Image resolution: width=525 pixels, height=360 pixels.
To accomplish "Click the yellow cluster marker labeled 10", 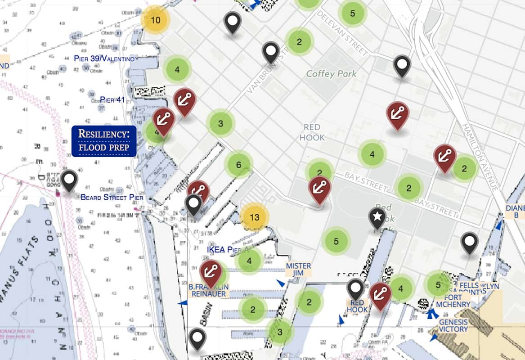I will tap(155, 20).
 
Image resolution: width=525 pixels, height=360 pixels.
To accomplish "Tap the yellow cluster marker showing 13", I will tap(254, 217).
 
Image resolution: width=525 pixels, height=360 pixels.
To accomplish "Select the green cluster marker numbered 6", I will tap(238, 165).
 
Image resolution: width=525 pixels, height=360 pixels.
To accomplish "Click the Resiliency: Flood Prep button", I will tap(104, 140).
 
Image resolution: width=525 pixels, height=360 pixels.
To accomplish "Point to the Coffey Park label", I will tap(331, 74).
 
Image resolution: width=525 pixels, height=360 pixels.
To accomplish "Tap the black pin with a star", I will tap(377, 217).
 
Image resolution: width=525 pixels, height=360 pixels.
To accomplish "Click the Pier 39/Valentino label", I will tap(104, 59).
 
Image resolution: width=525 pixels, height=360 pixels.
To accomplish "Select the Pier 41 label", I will tap(112, 99).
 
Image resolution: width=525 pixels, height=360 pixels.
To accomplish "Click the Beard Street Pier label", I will tap(112, 197).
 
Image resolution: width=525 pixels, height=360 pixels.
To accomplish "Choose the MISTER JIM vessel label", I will tap(298, 270).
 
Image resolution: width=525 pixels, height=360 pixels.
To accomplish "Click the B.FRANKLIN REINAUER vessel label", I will tap(208, 290).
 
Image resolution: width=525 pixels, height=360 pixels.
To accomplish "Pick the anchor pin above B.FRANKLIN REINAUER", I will tap(211, 271).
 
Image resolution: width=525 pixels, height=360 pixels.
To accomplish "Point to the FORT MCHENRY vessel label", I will tap(453, 301).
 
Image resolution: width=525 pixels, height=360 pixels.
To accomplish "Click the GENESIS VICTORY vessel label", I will tap(453, 325).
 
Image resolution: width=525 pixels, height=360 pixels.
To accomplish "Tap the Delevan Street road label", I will tap(343, 32).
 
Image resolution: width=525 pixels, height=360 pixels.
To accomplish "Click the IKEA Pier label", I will tap(228, 249).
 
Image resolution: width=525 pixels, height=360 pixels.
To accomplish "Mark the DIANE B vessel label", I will tap(515, 211).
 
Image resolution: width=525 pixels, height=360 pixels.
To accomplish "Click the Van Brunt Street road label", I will tap(266, 71).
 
